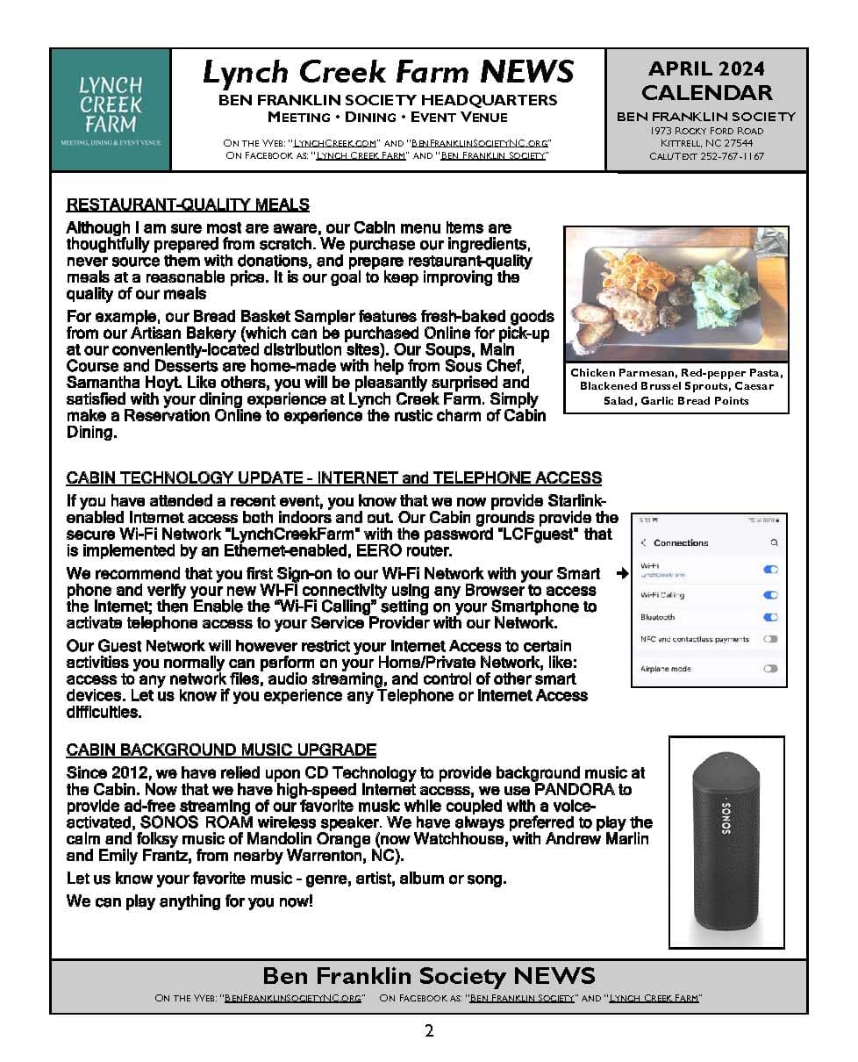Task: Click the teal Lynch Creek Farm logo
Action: point(111,110)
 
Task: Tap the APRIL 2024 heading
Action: point(706,68)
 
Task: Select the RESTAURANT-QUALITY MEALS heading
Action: point(188,205)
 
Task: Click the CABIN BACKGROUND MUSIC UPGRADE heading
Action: point(221,750)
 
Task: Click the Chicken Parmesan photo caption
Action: point(676,387)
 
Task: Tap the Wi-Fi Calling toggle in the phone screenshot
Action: point(770,595)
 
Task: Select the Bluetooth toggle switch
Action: point(770,617)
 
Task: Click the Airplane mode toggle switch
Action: point(770,669)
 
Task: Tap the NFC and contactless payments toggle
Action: point(770,639)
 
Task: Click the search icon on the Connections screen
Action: point(774,543)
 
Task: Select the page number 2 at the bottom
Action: point(429,1031)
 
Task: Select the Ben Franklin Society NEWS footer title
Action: point(429,975)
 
